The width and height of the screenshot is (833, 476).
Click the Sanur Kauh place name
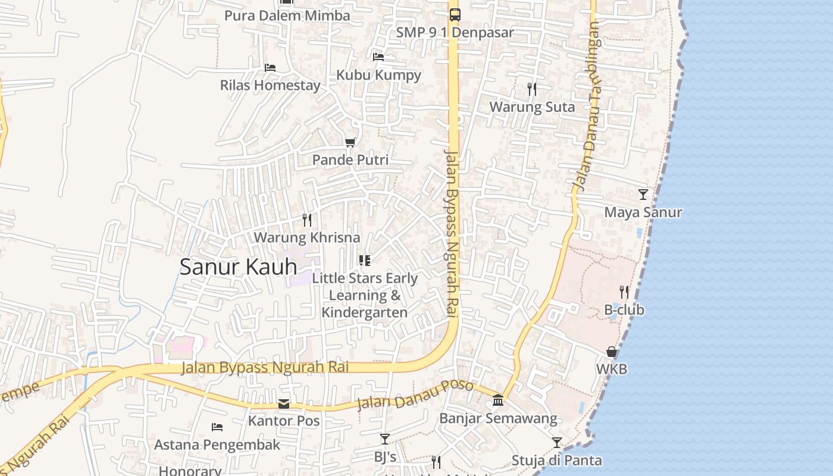pyautogui.click(x=238, y=267)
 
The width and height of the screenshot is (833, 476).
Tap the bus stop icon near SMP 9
pyautogui.click(x=455, y=15)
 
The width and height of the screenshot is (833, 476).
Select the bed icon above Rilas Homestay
pyautogui.click(x=270, y=68)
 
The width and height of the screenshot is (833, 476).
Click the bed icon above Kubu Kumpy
pyautogui.click(x=378, y=57)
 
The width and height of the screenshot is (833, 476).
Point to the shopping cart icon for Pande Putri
pyautogui.click(x=350, y=143)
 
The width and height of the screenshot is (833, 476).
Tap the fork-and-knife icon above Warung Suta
pyautogui.click(x=532, y=89)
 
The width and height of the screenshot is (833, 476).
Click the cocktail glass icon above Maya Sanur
pyautogui.click(x=643, y=195)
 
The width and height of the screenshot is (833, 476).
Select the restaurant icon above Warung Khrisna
pyautogui.click(x=307, y=220)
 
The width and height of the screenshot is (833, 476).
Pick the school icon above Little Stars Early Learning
pyautogui.click(x=365, y=261)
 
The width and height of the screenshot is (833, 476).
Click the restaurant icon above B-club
pyautogui.click(x=624, y=292)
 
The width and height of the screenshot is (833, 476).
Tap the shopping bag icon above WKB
pyautogui.click(x=611, y=352)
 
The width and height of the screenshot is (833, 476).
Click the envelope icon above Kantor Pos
pyautogui.click(x=284, y=405)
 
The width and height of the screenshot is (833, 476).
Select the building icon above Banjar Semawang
pyautogui.click(x=498, y=401)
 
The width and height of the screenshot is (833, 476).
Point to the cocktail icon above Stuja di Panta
pyautogui.click(x=556, y=443)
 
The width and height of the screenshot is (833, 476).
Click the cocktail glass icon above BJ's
pyautogui.click(x=384, y=439)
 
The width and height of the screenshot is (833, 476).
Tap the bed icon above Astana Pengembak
pyautogui.click(x=217, y=427)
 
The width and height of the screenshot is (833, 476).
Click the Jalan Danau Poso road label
pyautogui.click(x=415, y=395)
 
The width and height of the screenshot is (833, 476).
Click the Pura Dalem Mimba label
pyautogui.click(x=287, y=15)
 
